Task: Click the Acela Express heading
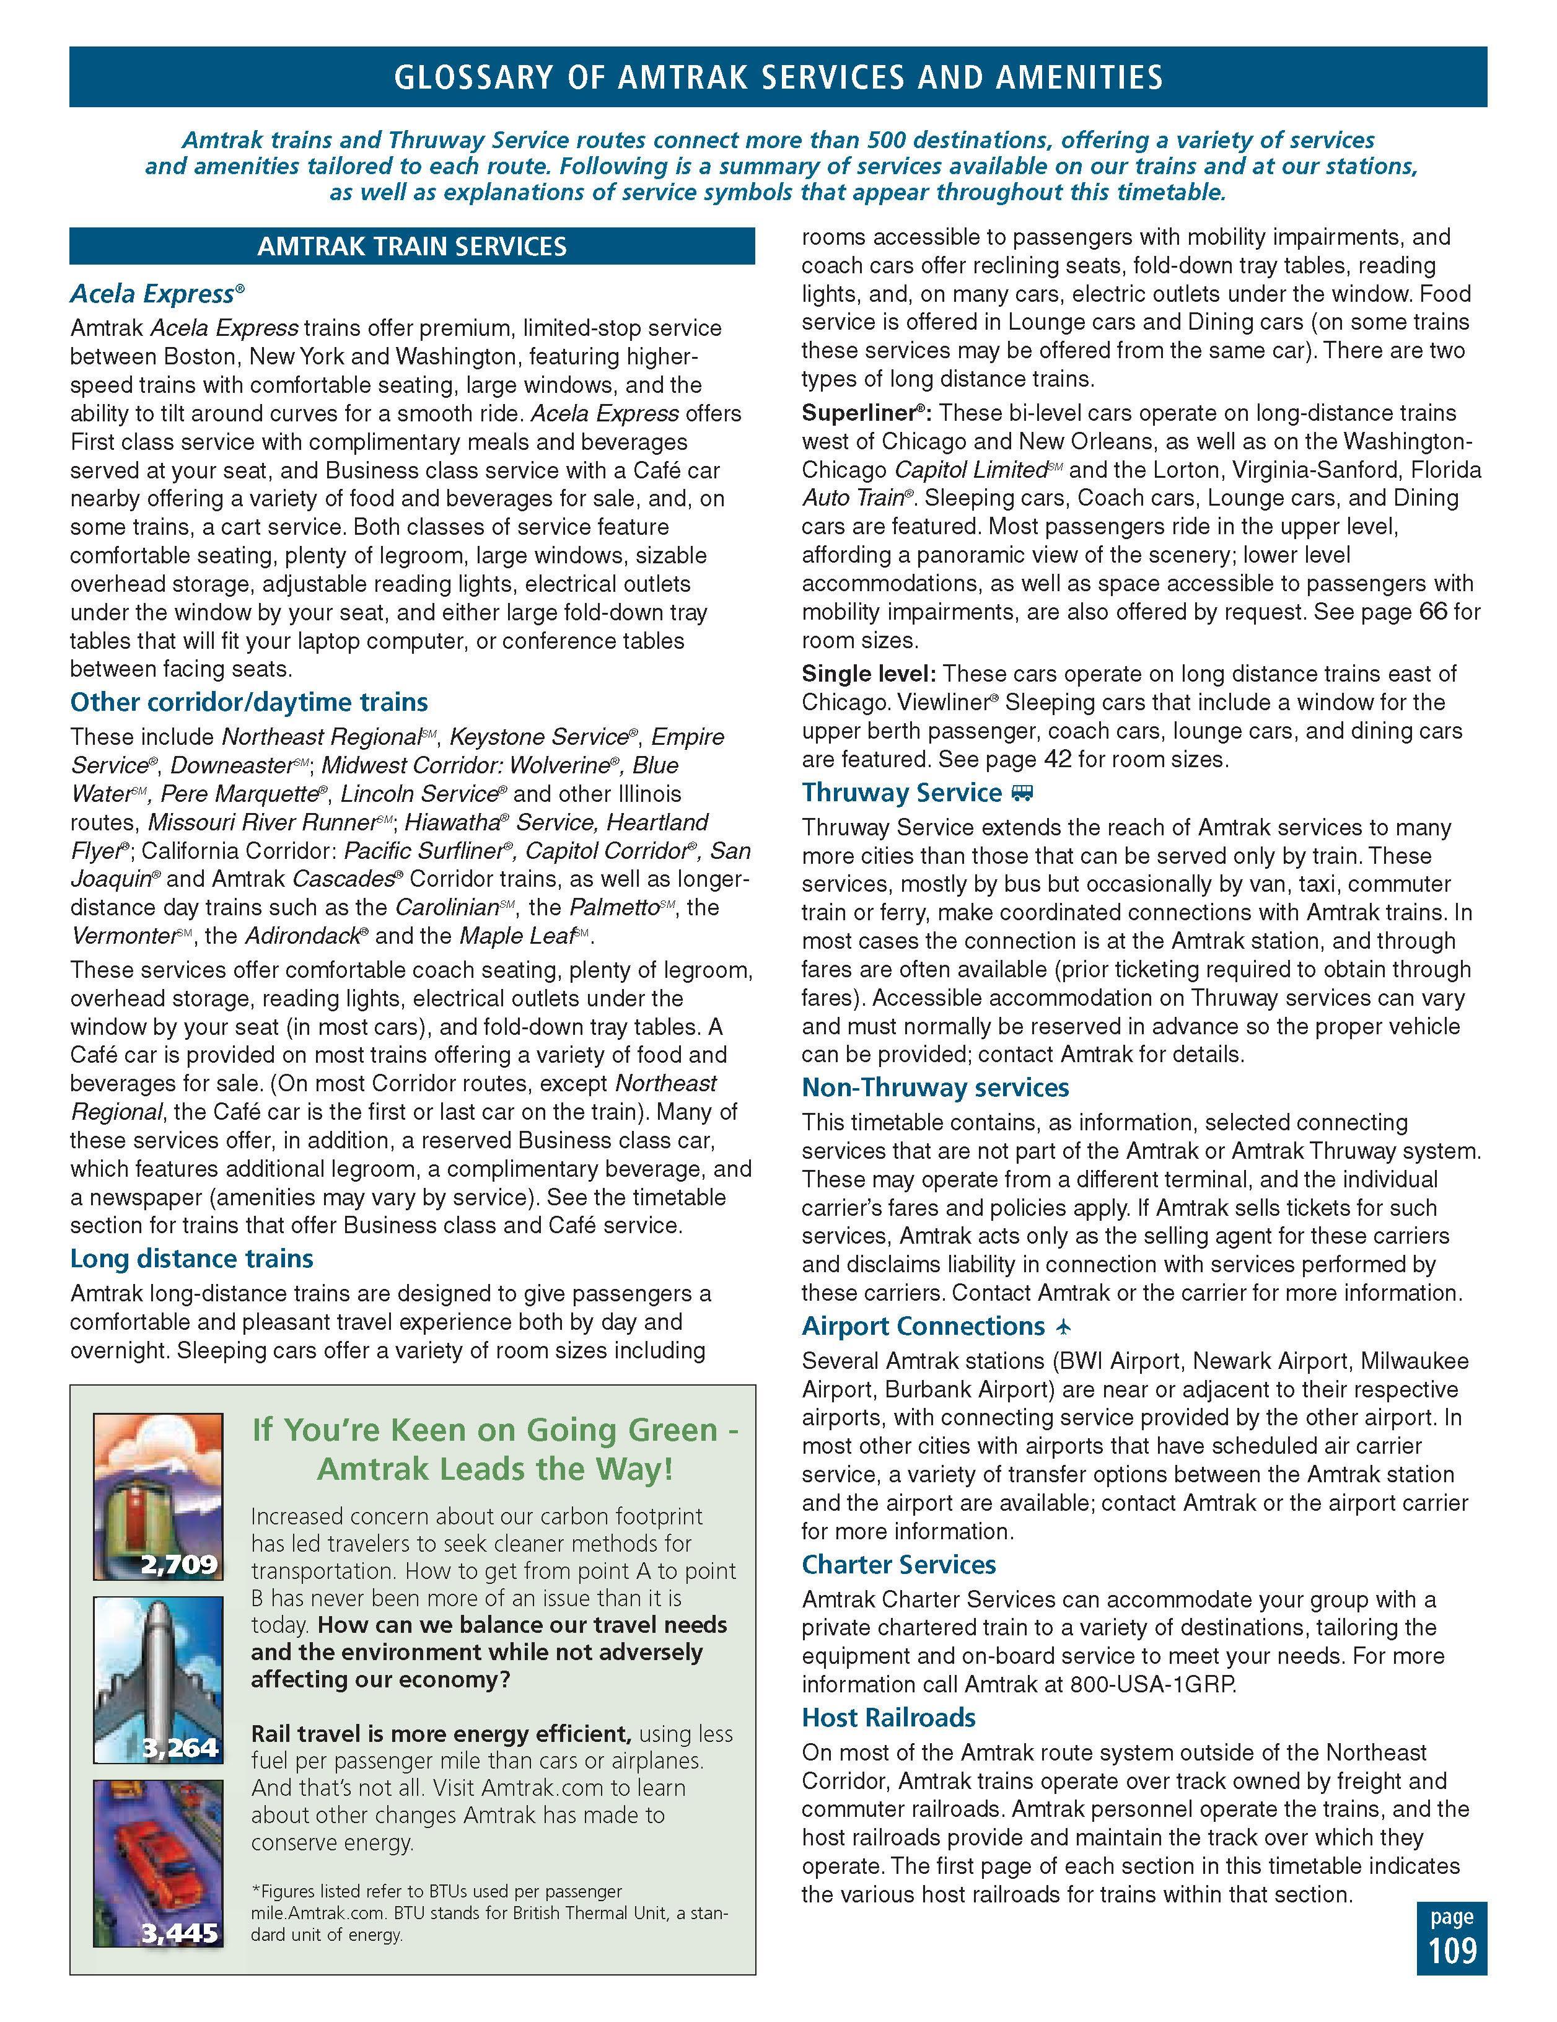(x=153, y=294)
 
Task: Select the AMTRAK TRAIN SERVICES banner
(x=412, y=246)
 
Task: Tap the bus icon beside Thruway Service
(x=1022, y=793)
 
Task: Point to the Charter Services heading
(x=898, y=1565)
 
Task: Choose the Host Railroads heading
(x=888, y=1717)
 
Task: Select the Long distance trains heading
(x=191, y=1258)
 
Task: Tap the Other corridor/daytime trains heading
(x=248, y=701)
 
